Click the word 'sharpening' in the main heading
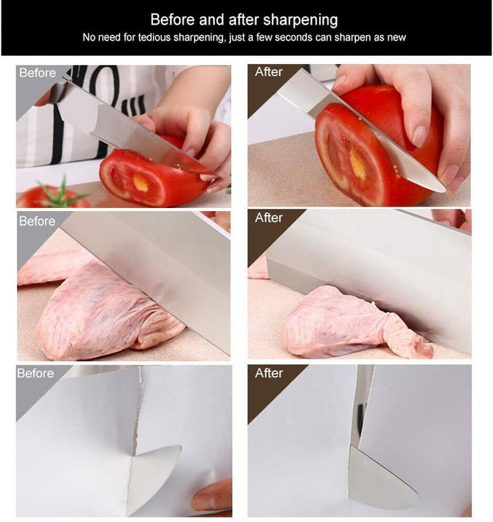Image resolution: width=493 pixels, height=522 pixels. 301,20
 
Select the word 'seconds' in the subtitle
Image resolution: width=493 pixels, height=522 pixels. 294,37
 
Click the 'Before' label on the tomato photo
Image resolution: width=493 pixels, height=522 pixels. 37,72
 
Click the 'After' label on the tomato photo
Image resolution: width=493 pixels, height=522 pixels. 269,72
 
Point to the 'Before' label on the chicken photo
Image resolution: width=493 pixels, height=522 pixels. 37,221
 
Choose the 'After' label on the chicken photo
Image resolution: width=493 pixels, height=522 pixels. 269,218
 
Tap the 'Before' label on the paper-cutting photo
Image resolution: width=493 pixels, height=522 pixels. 35,373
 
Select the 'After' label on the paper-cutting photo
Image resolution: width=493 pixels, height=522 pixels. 269,373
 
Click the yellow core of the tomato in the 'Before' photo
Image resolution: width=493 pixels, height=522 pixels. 140,183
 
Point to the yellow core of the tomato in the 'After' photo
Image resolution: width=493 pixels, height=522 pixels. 357,164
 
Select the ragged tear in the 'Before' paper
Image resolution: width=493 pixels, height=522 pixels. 137,413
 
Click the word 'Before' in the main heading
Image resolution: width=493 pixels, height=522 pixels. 172,20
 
